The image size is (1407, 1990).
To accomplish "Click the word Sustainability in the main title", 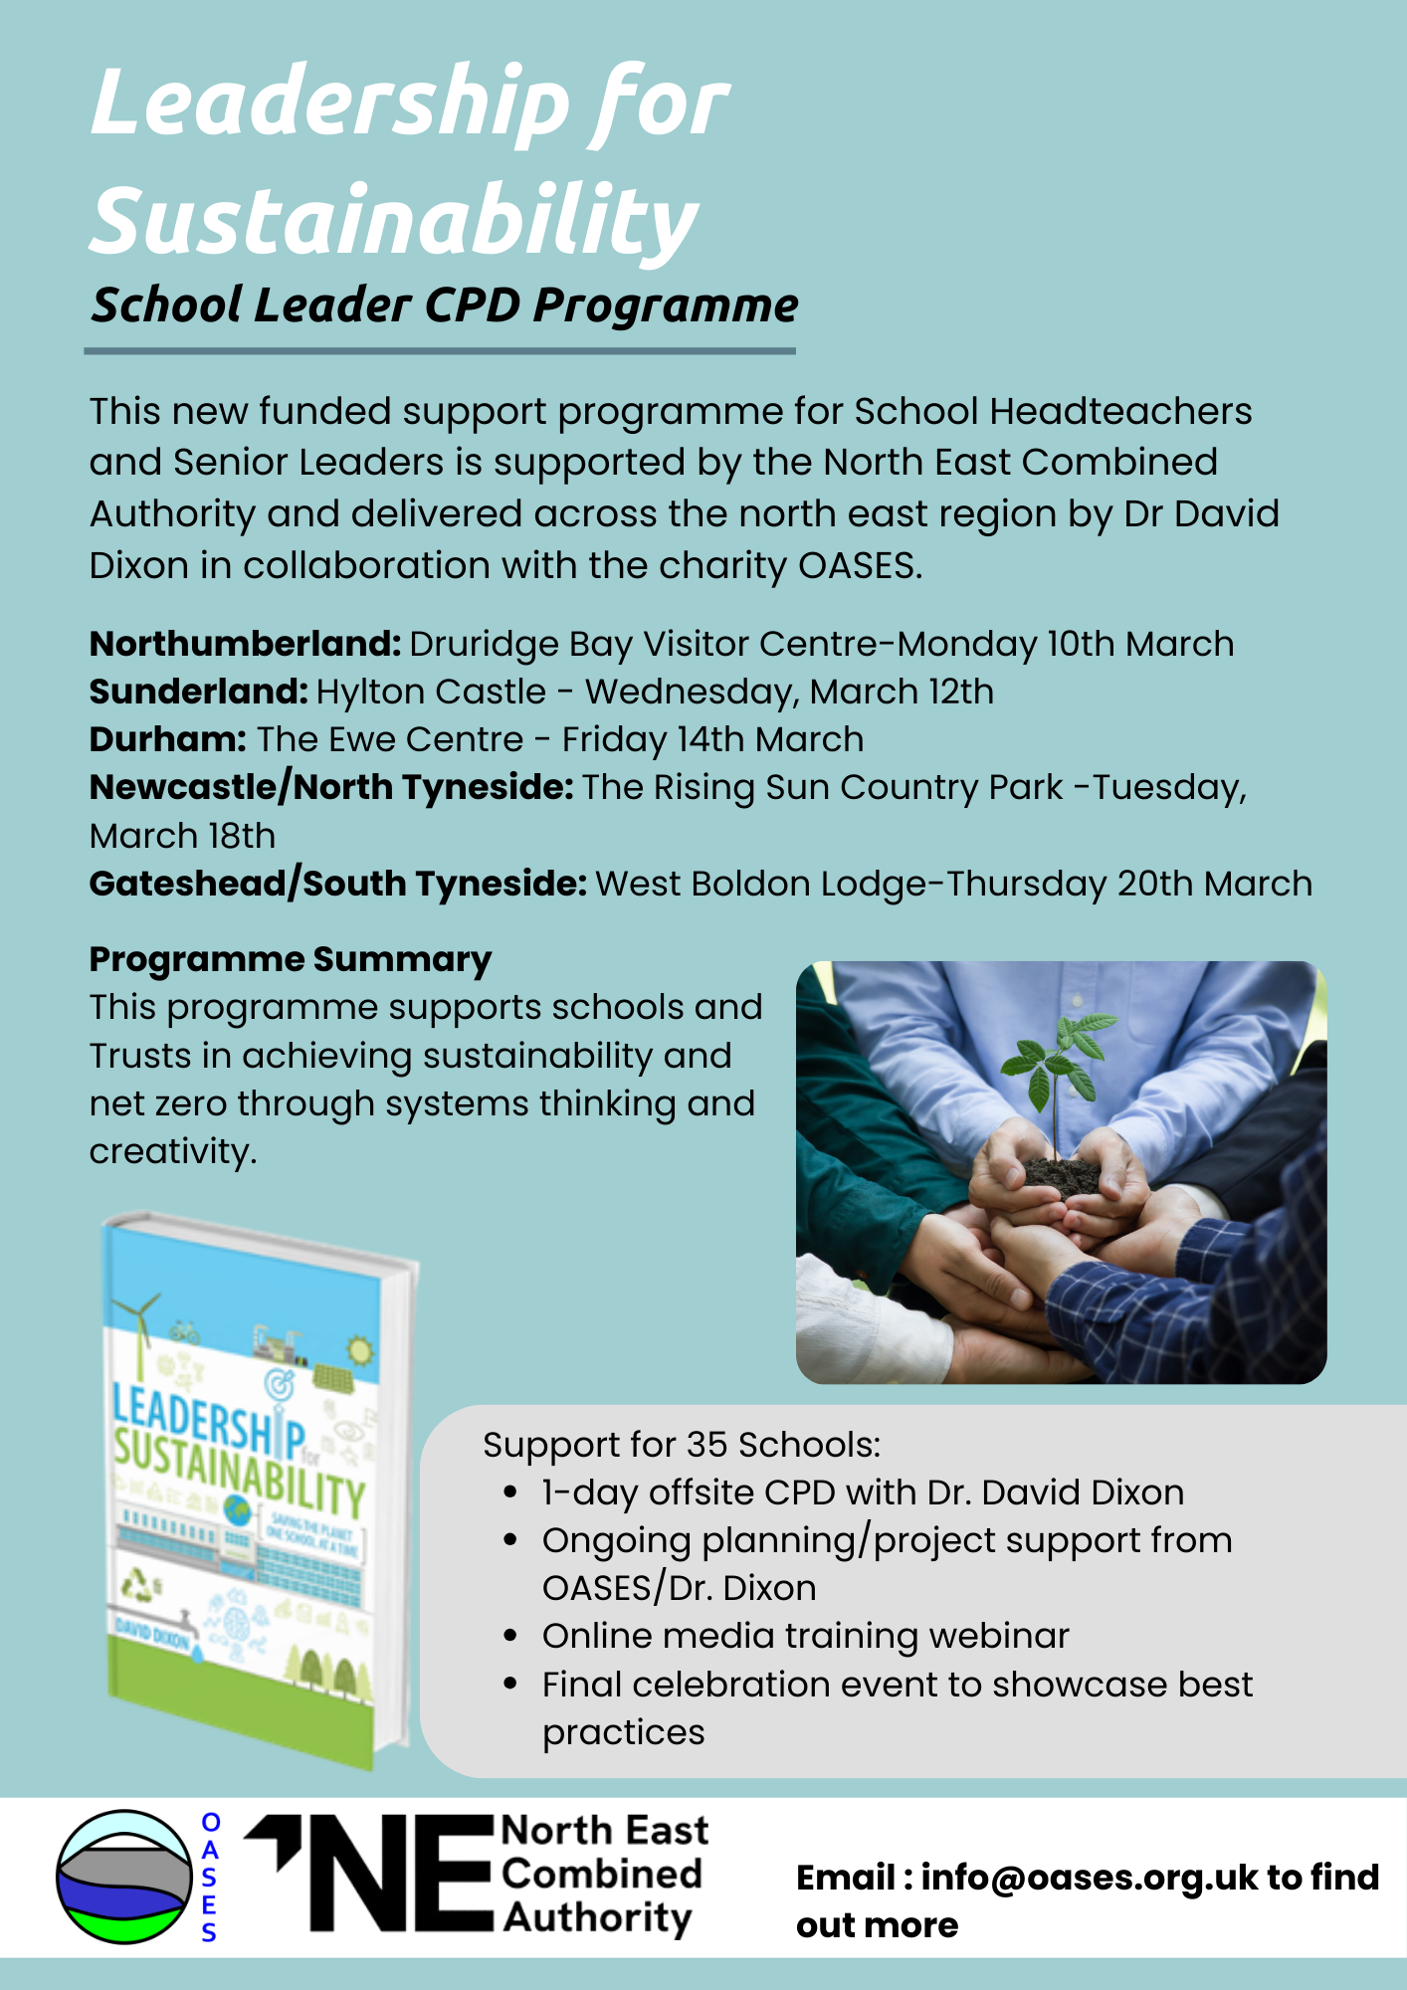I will (394, 221).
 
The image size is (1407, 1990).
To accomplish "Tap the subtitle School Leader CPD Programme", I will (444, 304).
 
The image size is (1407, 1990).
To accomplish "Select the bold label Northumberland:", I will (245, 645).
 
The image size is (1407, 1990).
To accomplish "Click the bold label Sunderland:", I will (198, 693).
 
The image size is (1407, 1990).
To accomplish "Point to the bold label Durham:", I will (167, 740).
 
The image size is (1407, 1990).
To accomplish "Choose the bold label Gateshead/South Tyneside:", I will (337, 884).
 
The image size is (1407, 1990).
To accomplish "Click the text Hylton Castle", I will (431, 693).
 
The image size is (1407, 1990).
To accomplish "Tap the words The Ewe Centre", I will (390, 740).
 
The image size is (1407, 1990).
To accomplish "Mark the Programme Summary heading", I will (290, 960).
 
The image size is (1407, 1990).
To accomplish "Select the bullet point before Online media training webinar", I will (510, 1637).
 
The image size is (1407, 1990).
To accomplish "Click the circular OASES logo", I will (123, 1877).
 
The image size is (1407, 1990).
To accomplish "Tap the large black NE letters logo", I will (398, 1875).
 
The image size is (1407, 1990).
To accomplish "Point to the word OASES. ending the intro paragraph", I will (861, 566).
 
